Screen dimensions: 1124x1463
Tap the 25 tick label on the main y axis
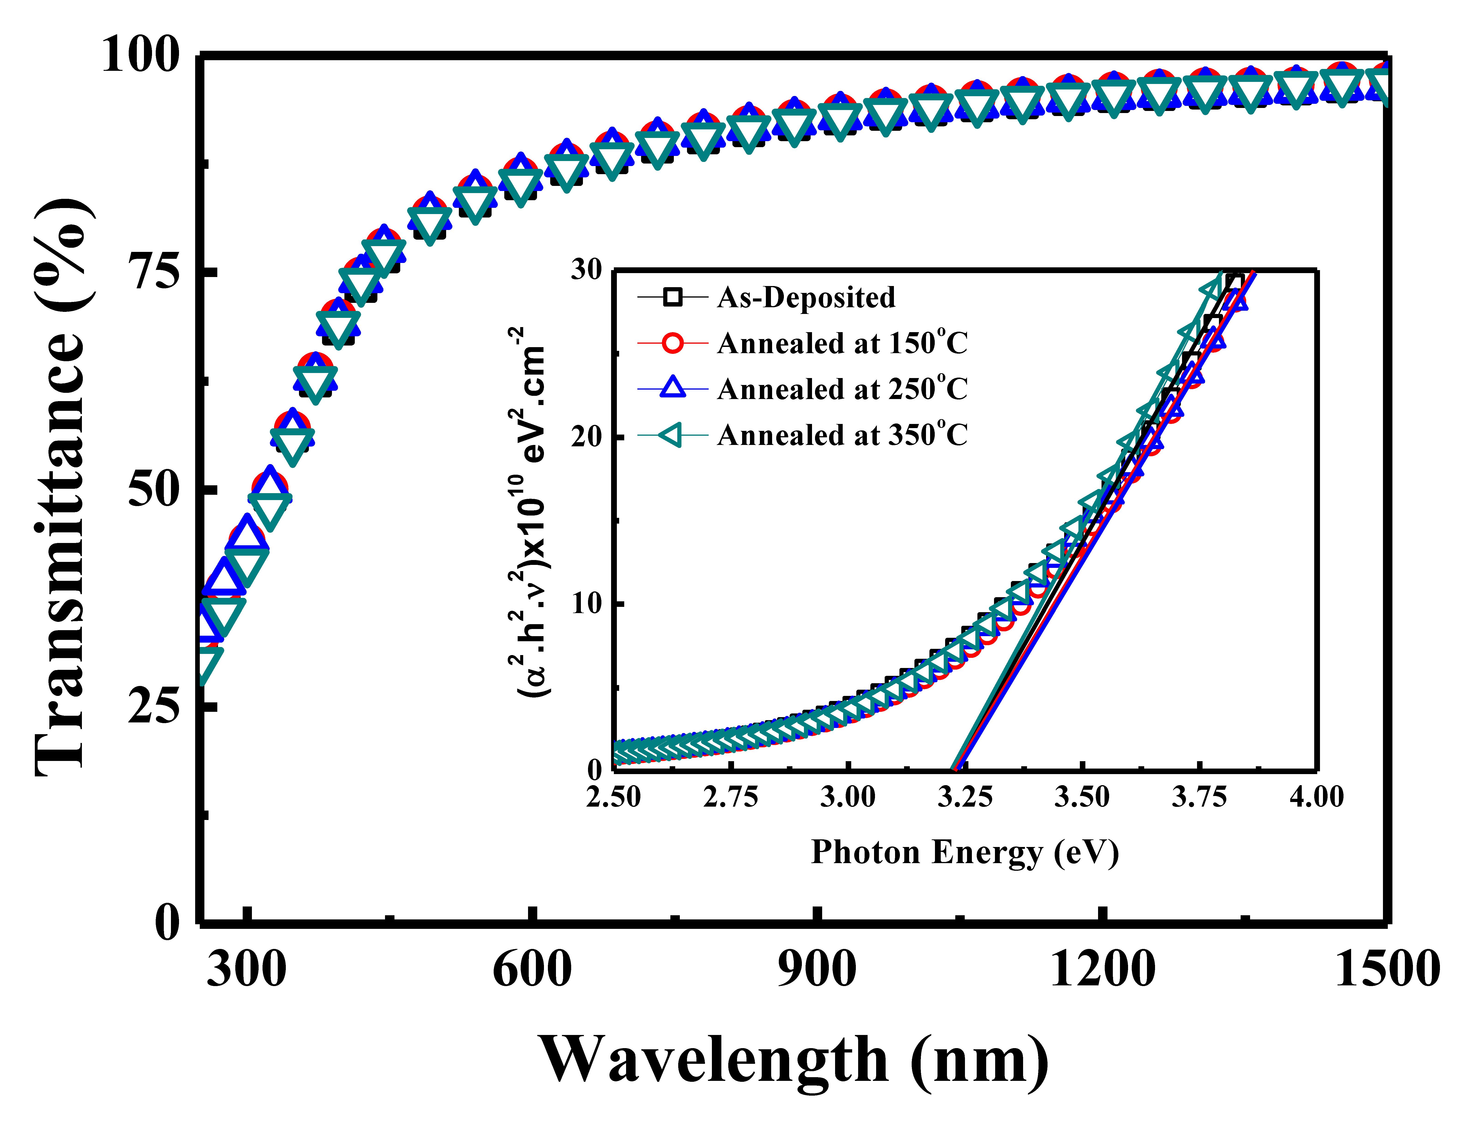(154, 707)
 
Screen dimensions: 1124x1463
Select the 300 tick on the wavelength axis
(246, 969)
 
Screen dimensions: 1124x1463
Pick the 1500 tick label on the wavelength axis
(1386, 969)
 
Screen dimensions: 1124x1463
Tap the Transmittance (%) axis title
(62, 487)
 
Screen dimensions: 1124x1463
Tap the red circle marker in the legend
(672, 343)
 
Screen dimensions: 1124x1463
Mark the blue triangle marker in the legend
(672, 389)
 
